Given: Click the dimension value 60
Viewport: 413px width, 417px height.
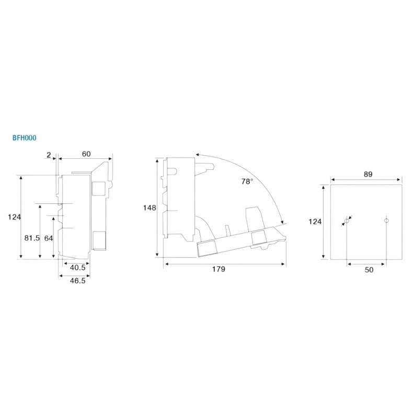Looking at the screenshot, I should coord(86,154).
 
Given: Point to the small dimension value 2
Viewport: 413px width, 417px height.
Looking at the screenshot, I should coord(48,154).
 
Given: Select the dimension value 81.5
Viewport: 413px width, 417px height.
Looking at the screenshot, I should coord(32,238).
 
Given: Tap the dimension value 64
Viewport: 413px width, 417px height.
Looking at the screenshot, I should coord(49,238).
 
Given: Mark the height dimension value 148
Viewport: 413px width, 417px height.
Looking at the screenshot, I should coord(150,207).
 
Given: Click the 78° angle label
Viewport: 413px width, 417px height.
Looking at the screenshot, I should coord(247,181).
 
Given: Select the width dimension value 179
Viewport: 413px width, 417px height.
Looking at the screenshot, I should coord(219,269).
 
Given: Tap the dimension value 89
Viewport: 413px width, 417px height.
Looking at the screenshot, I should coord(368,175).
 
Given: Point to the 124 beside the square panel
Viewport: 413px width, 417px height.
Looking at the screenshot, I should coord(315,222).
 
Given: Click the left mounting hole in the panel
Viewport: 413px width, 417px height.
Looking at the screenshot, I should coord(346,222).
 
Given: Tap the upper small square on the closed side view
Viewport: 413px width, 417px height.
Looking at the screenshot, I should coord(98,188).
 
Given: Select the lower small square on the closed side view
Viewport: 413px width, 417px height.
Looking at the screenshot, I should coord(98,239).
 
